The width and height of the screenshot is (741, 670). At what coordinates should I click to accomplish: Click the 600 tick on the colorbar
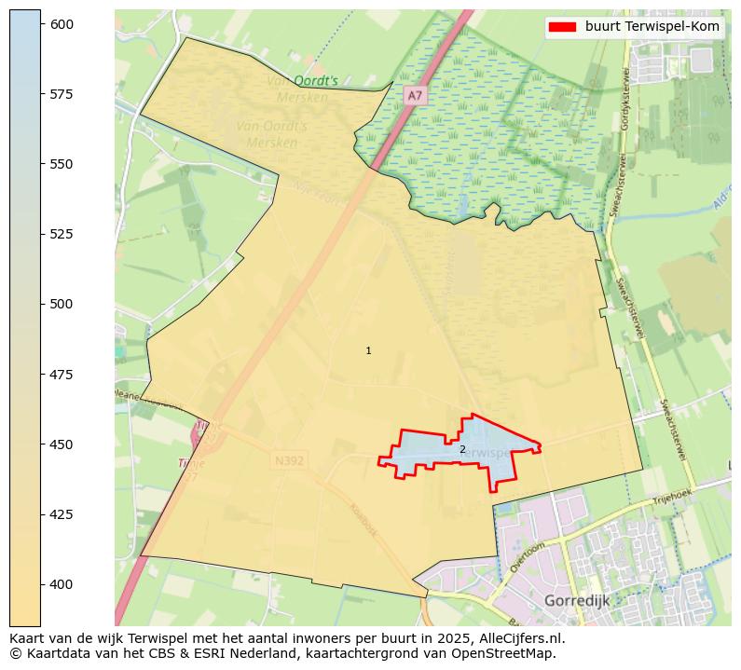(x=62, y=24)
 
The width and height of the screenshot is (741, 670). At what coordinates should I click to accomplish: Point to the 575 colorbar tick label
(x=62, y=94)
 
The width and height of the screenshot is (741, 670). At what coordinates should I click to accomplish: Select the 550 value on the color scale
(x=62, y=164)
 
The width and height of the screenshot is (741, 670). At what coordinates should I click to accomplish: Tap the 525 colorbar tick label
(x=62, y=234)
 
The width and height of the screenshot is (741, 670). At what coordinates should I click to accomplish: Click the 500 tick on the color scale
(x=62, y=304)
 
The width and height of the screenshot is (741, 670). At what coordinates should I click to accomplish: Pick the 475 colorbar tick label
(x=62, y=375)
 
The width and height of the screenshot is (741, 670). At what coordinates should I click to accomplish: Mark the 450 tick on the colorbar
(x=62, y=444)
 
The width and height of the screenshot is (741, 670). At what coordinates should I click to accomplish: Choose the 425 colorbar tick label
(x=62, y=514)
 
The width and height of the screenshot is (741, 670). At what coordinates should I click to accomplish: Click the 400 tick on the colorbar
(x=62, y=584)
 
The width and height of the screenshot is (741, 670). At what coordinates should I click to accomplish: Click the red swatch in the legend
(x=562, y=27)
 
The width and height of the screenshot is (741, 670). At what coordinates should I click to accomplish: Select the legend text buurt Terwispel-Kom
(x=652, y=27)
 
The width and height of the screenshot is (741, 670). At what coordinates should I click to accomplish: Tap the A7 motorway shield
(x=415, y=95)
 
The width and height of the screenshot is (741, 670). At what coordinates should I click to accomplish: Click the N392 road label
(x=289, y=460)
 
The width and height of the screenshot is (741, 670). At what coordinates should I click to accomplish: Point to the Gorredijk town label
(x=576, y=601)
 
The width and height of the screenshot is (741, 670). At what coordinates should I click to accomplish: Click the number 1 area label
(x=368, y=350)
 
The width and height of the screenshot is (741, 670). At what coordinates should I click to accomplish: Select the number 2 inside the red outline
(x=462, y=449)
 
